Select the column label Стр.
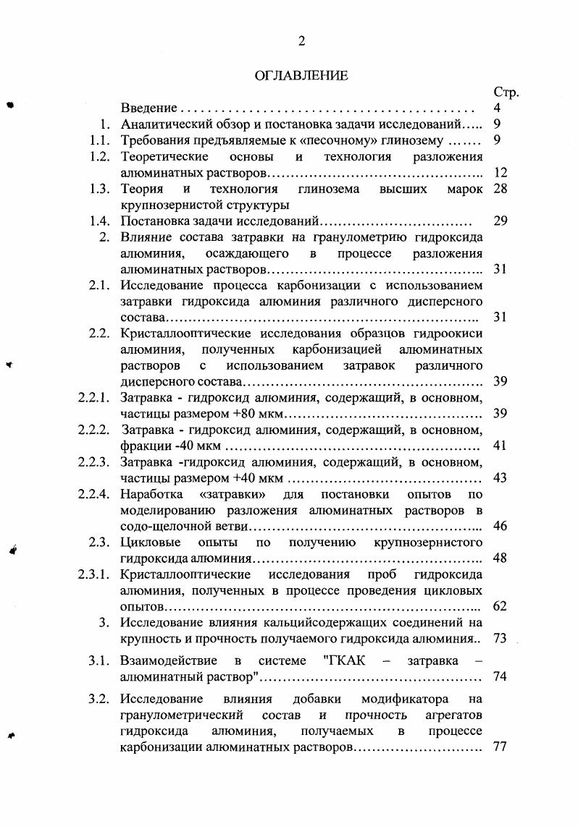tap(506, 93)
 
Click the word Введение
tap(149, 109)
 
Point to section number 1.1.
tap(100, 140)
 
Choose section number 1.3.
tap(100, 189)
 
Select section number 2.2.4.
tap(94, 494)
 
